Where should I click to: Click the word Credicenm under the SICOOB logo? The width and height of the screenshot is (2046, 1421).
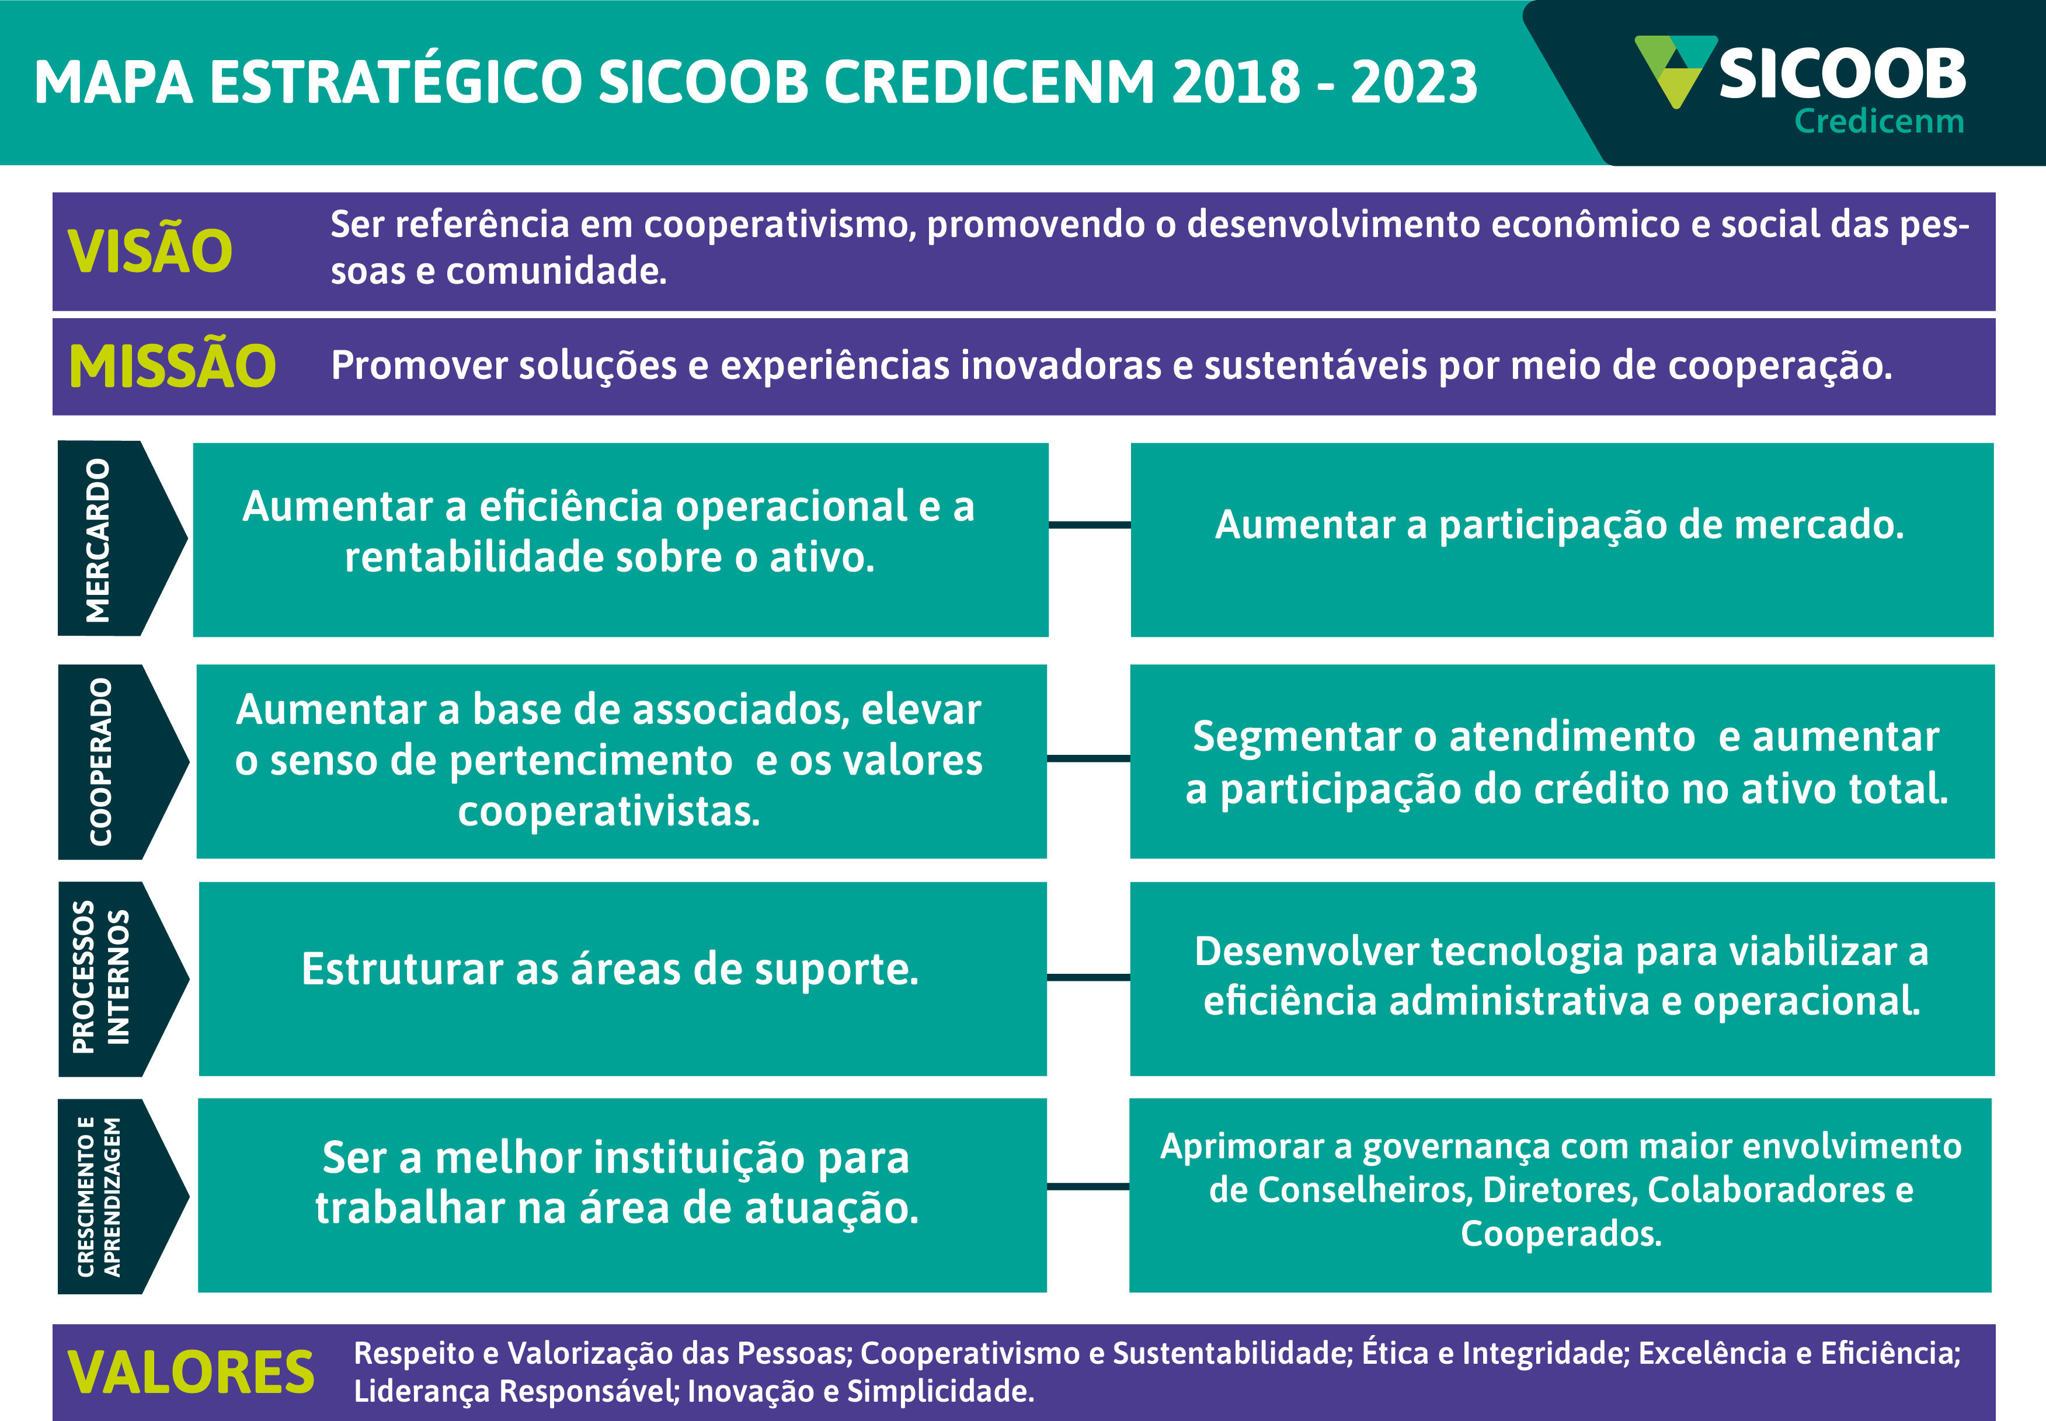point(1878,121)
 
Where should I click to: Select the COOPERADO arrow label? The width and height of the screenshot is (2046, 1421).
point(123,762)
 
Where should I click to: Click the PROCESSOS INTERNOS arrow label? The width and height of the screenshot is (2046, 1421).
point(123,980)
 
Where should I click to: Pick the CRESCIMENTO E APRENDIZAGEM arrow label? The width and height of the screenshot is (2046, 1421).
point(123,1196)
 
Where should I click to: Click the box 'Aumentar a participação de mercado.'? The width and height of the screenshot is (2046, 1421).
point(1562,539)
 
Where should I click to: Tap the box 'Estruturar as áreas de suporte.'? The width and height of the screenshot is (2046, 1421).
point(622,978)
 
